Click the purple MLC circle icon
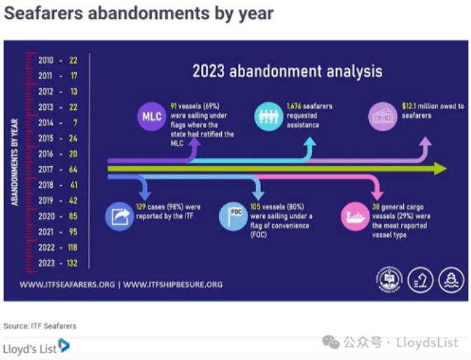coord(151,116)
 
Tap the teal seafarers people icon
coord(269,116)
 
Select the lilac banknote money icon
coord(383,116)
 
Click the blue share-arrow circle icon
coord(120,216)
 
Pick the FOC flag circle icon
coord(233,216)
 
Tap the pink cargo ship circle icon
coord(356,216)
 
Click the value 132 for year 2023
coord(72,263)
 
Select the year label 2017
coord(46,169)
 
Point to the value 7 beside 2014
coord(75,123)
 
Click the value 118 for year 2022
coord(72,248)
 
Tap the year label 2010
coord(46,60)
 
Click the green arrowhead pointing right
coord(440,169)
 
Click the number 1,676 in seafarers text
coord(294,106)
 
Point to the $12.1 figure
coord(409,106)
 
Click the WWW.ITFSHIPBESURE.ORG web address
coord(173,284)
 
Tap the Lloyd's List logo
coord(36,347)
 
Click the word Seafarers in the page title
coord(43,13)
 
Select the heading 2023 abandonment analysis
coord(288,71)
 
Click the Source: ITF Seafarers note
coord(40,326)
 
